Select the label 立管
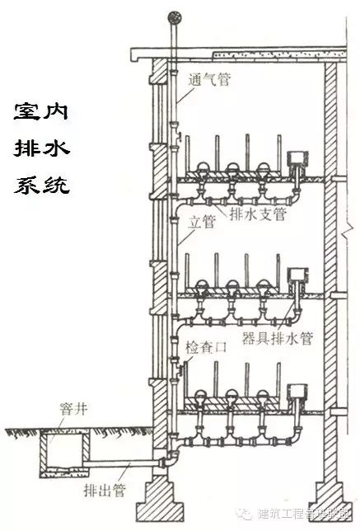point(201,222)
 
